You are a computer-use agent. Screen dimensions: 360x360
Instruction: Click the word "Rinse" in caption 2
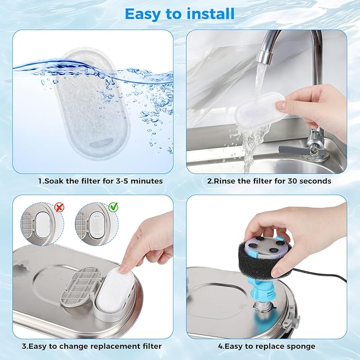(224, 181)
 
